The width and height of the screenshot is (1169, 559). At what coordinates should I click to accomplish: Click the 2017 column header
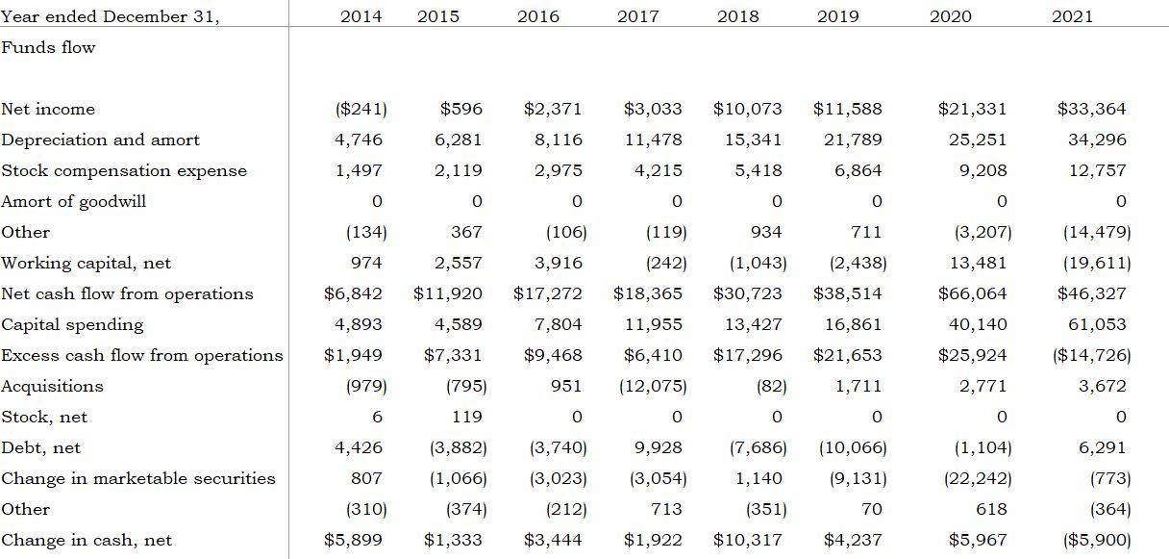[x=637, y=16]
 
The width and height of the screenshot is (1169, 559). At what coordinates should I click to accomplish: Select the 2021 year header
[x=1072, y=16]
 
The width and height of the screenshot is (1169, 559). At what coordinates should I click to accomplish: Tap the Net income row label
[x=48, y=109]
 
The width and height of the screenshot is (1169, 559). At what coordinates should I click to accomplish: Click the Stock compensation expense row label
[x=124, y=170]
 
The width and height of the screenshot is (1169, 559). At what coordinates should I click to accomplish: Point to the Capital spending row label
[x=72, y=324]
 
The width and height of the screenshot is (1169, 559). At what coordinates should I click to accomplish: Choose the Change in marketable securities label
[x=138, y=478]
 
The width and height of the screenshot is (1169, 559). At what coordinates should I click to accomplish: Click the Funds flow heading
[x=48, y=47]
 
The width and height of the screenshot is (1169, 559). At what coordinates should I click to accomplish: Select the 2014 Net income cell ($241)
[x=361, y=109]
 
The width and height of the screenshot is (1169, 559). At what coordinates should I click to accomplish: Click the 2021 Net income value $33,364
[x=1091, y=109]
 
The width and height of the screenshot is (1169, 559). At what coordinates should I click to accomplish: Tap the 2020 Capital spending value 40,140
[x=978, y=324]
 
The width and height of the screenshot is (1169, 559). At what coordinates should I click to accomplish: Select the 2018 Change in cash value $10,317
[x=748, y=540]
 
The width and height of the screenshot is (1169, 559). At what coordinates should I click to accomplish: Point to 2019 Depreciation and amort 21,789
[x=853, y=140]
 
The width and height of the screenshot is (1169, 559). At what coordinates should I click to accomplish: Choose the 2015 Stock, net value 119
[x=467, y=417]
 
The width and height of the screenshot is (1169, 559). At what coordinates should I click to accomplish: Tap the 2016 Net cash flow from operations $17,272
[x=548, y=293]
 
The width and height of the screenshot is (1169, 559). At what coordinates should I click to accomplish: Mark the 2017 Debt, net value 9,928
[x=659, y=447]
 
